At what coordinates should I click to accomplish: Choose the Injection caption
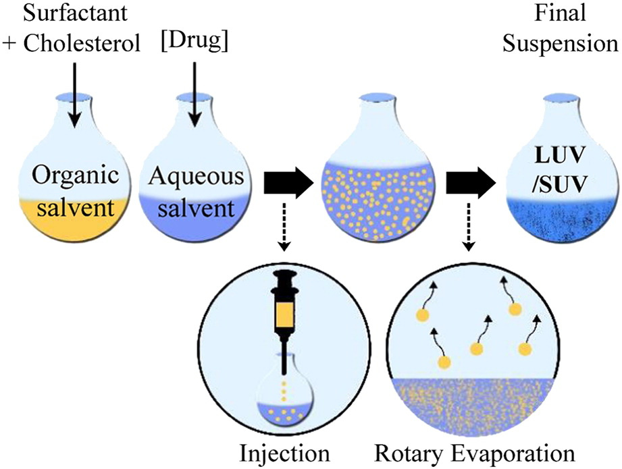[x=289, y=453]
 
